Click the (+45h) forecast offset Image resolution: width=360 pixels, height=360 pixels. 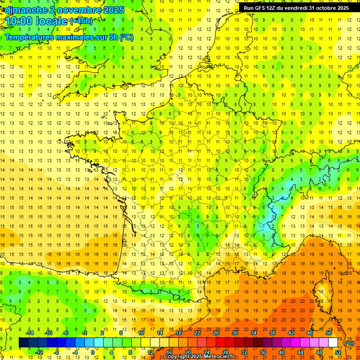pyautogui.click(x=82, y=21)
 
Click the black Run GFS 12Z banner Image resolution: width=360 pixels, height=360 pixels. pyautogui.click(x=296, y=8)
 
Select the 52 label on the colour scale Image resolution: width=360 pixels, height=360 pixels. pyautogui.click(x=338, y=352)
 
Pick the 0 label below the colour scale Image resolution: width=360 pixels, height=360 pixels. pyautogui.click(x=93, y=352)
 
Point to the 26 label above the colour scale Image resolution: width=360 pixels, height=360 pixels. pyautogui.click(x=216, y=333)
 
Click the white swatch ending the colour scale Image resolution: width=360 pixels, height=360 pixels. pyautogui.click(x=333, y=343)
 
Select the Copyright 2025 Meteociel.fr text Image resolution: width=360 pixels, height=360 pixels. pyautogui.click(x=199, y=357)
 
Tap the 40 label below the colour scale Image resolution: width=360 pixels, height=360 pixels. pyautogui.click(x=282, y=352)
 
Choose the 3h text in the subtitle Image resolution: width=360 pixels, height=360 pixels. pyautogui.click(x=113, y=37)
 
